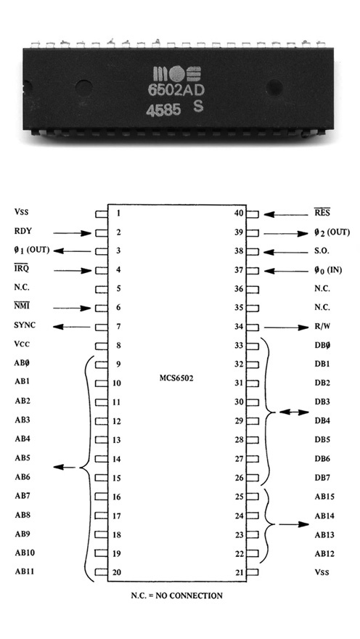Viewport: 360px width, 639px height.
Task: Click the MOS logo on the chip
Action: pyautogui.click(x=177, y=74)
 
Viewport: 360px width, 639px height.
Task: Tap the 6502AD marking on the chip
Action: pyautogui.click(x=176, y=91)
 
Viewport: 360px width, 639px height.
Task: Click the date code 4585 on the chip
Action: pyautogui.click(x=163, y=110)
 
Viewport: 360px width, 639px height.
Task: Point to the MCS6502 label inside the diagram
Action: pyautogui.click(x=176, y=378)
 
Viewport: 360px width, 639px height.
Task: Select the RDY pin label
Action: pyautogui.click(x=22, y=231)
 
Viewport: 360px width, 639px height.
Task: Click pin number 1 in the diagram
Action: pyautogui.click(x=118, y=213)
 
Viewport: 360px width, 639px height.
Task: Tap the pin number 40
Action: pyautogui.click(x=239, y=213)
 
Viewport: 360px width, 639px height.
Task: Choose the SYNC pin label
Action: pyautogui.click(x=25, y=325)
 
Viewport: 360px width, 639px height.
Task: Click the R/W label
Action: pyautogui.click(x=322, y=327)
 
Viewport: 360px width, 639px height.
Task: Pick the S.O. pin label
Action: pyautogui.click(x=322, y=251)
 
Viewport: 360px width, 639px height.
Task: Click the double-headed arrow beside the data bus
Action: pyautogui.click(x=295, y=412)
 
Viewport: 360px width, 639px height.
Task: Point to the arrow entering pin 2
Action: pyautogui.click(x=72, y=233)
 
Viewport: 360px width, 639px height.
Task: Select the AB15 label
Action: pyautogui.click(x=324, y=497)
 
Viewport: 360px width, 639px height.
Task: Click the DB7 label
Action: pyautogui.click(x=322, y=478)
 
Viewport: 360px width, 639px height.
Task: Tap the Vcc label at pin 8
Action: pyautogui.click(x=22, y=344)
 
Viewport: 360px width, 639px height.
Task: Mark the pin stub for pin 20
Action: pyautogui.click(x=102, y=572)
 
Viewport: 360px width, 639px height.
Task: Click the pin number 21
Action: pyautogui.click(x=239, y=572)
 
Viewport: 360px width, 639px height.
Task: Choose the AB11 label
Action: pyautogui.click(x=25, y=571)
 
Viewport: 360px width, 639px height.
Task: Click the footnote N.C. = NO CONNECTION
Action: pyautogui.click(x=177, y=595)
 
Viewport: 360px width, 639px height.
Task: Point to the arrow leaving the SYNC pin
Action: pyautogui.click(x=72, y=327)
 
